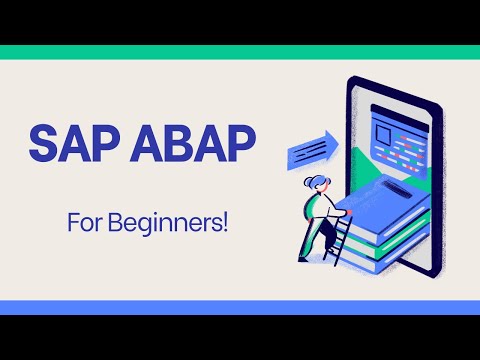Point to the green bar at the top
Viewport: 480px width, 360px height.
click(x=240, y=52)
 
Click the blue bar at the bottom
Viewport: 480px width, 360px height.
click(x=240, y=307)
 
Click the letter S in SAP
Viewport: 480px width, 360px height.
click(x=43, y=144)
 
